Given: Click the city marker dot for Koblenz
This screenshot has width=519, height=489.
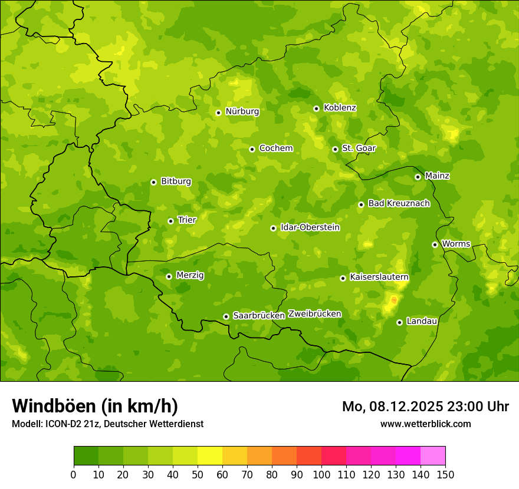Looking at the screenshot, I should click(316, 108).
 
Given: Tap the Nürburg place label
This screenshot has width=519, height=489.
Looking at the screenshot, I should click(242, 111).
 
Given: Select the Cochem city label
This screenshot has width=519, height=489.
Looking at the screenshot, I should click(275, 148).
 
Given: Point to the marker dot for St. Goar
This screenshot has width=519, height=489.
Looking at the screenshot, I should click(335, 149).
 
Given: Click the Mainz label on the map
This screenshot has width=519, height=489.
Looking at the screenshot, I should click(437, 176).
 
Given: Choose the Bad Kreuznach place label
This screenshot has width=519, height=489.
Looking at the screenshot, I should click(399, 203).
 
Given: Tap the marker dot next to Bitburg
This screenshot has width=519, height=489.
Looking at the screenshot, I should click(153, 182).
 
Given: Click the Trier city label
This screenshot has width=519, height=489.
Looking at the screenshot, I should click(186, 220).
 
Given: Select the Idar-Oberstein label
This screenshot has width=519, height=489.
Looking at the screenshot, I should click(310, 227).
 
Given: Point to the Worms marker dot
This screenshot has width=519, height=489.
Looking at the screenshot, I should click(435, 244).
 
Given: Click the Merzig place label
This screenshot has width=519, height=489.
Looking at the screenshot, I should click(190, 275).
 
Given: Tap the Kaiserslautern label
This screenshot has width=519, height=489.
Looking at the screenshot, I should click(379, 277).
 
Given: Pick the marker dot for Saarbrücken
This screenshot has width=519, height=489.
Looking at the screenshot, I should click(226, 316).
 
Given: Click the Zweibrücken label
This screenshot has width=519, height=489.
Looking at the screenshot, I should click(314, 314).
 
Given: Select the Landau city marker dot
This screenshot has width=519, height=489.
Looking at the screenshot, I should click(399, 322).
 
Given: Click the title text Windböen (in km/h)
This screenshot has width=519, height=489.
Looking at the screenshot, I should click(95, 406).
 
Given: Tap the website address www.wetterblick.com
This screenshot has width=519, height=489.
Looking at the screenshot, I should click(425, 424).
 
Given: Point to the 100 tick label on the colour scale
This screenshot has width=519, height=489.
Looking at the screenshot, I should click(321, 474).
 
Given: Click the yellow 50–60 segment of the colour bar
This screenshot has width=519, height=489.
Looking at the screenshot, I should click(210, 456).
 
